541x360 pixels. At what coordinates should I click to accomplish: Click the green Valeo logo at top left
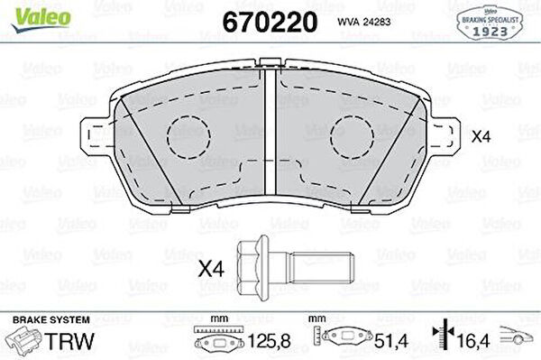[41, 20]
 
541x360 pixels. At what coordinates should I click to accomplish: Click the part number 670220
[270, 22]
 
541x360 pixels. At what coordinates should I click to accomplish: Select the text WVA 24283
[363, 22]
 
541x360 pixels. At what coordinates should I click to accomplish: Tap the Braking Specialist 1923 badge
[490, 23]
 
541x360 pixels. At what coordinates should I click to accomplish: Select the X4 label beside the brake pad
[481, 137]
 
